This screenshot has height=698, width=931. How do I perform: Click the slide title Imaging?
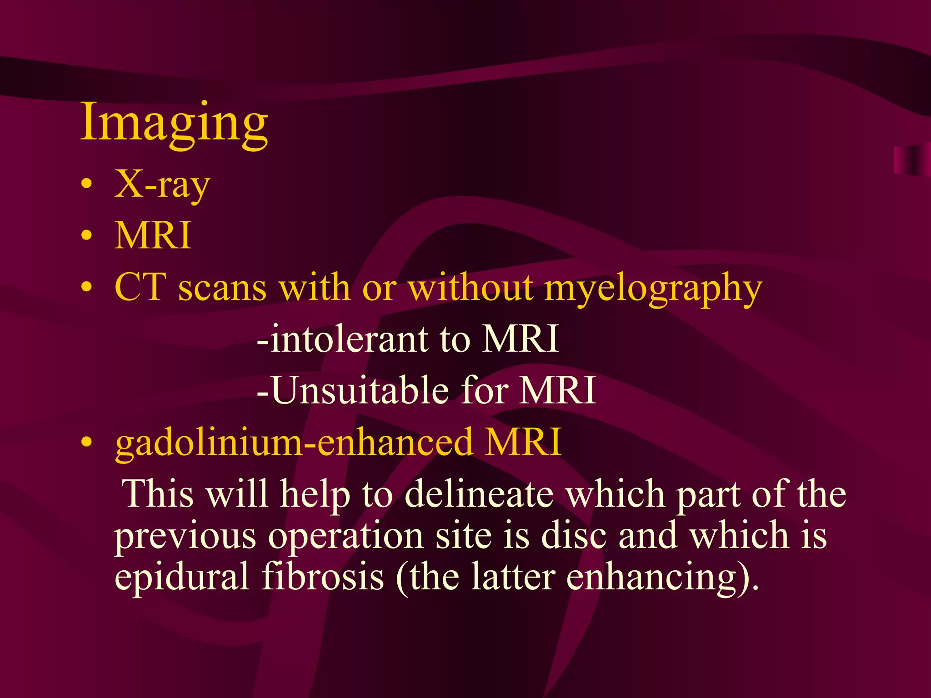(x=174, y=123)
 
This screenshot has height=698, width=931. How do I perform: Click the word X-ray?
(x=162, y=185)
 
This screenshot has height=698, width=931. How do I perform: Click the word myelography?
(x=653, y=289)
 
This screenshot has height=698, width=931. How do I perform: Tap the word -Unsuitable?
(x=353, y=391)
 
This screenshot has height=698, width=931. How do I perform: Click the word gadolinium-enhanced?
(x=294, y=442)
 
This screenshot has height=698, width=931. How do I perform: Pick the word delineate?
(x=479, y=494)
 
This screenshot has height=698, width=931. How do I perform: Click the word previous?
(x=185, y=537)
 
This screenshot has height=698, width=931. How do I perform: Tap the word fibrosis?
(x=323, y=576)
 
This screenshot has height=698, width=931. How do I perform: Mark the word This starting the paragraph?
(x=159, y=494)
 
